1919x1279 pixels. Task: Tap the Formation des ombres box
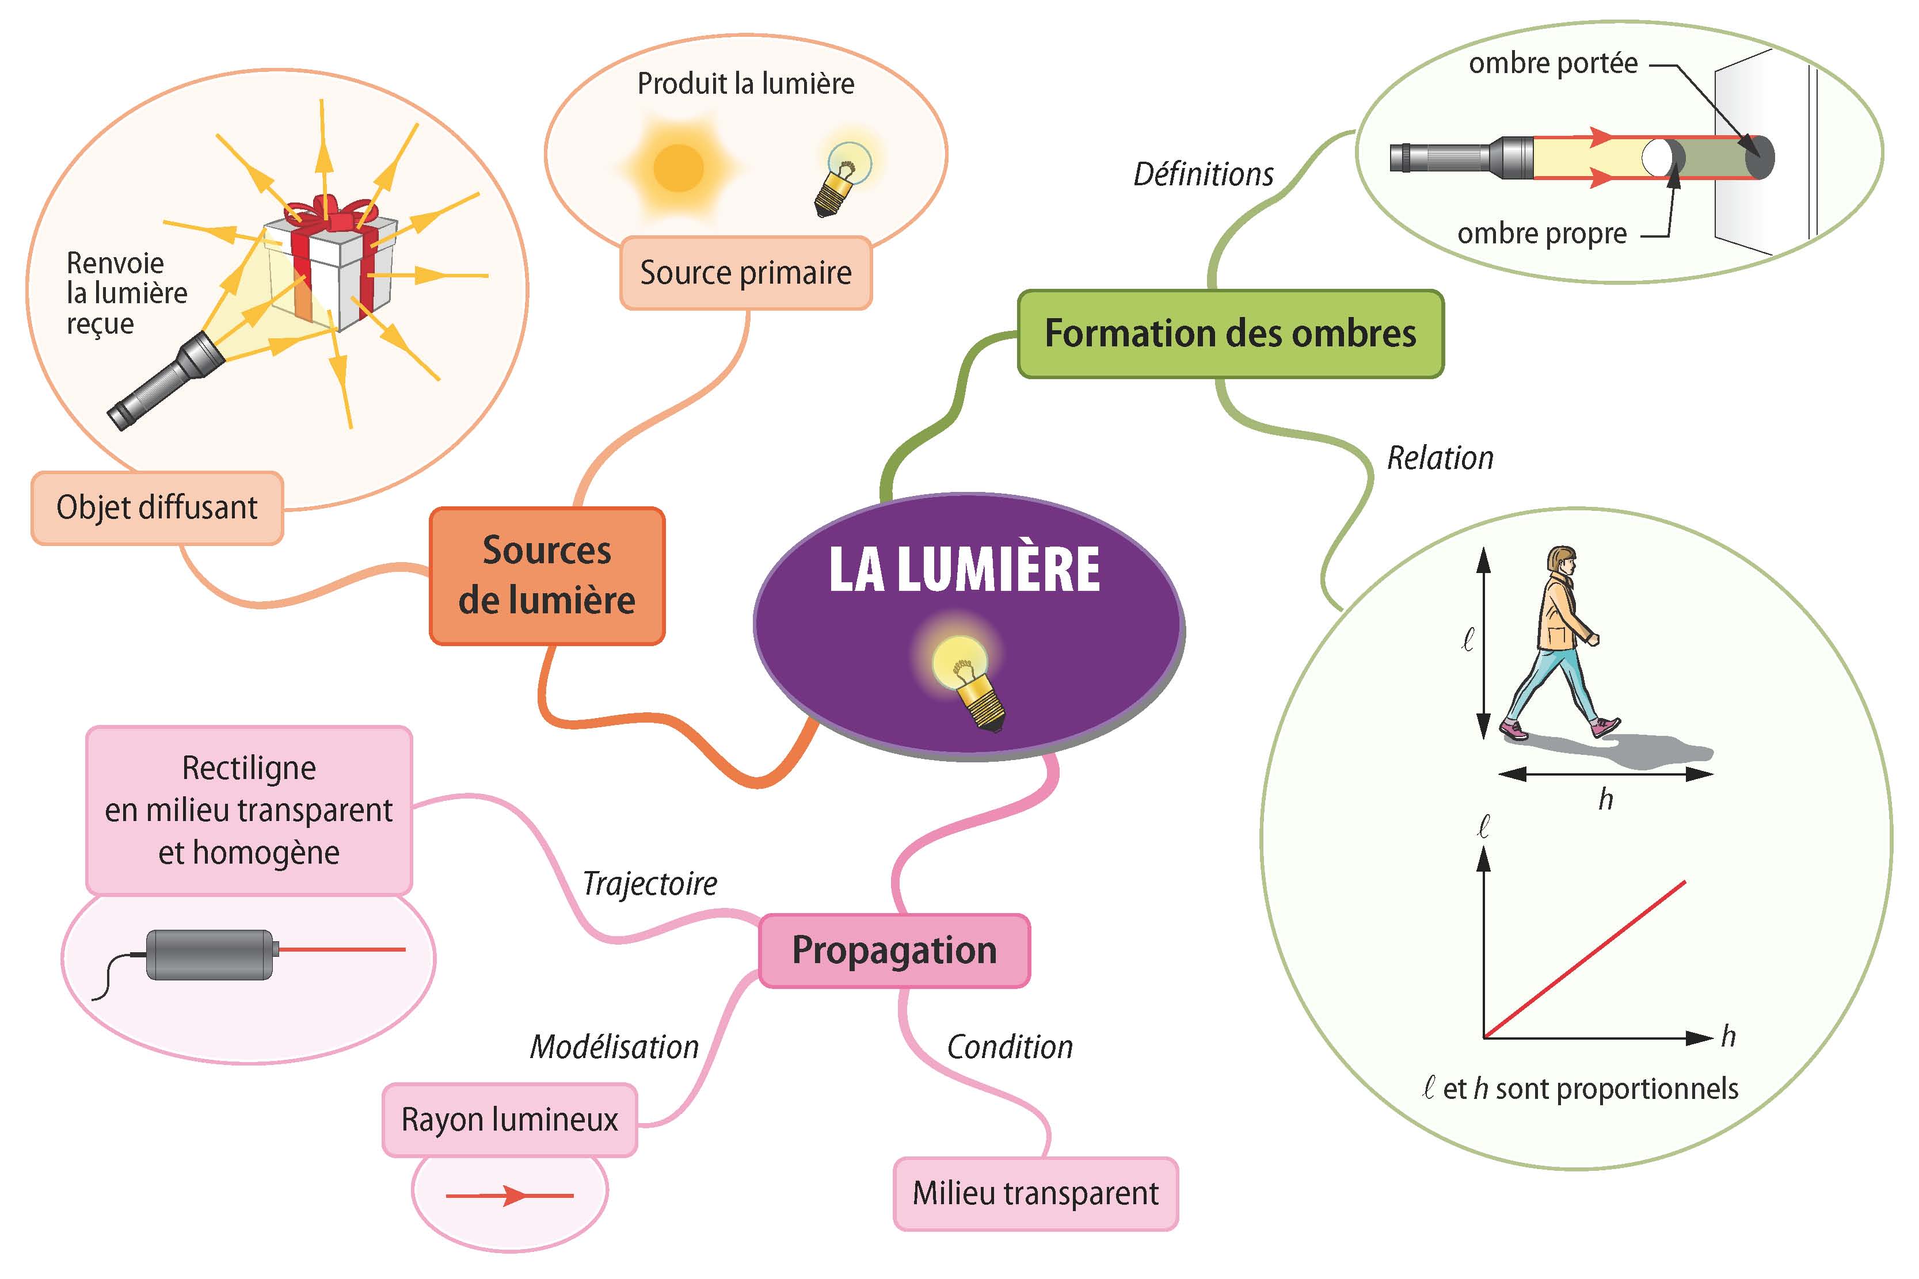tap(1231, 334)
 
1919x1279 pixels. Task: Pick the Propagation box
tap(894, 950)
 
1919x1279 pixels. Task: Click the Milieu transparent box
tap(1035, 1193)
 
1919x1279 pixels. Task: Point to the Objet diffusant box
tap(157, 507)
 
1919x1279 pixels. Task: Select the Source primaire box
tap(746, 273)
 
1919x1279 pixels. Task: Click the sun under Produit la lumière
tap(679, 168)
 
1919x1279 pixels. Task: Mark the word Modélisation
tap(614, 1047)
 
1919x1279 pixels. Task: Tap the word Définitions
tap(1204, 174)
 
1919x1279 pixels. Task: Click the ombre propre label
tap(1542, 234)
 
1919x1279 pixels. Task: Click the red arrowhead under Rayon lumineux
tap(514, 1196)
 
